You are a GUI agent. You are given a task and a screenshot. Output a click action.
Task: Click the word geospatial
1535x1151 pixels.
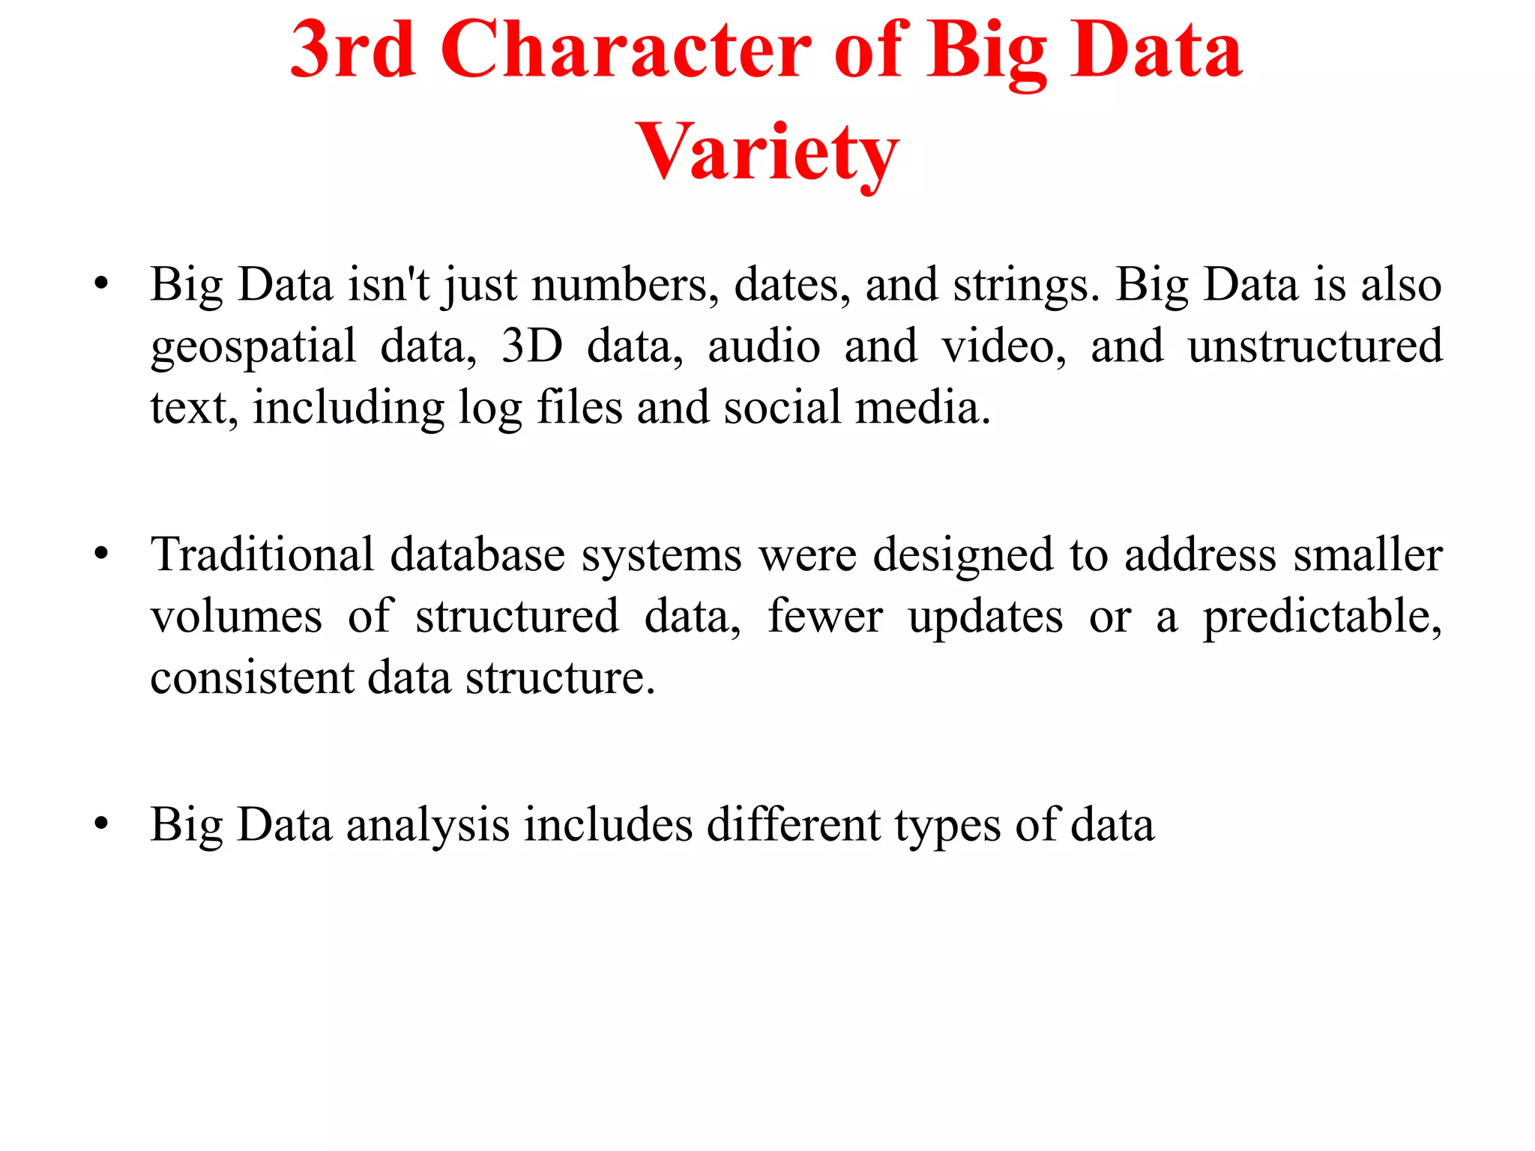click(253, 347)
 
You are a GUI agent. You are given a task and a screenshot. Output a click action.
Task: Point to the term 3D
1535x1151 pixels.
click(531, 345)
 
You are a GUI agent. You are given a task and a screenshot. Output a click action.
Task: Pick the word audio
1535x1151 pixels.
click(764, 345)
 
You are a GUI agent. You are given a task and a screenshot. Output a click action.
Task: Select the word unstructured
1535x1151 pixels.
click(1315, 345)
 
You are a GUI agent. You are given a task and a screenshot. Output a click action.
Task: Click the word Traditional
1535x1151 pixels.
click(262, 555)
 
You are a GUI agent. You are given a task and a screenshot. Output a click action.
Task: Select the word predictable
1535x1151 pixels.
click(1321, 617)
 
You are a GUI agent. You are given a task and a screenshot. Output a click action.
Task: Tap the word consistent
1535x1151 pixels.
click(252, 677)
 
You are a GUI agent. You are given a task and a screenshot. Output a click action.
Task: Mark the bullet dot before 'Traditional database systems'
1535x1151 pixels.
click(102, 555)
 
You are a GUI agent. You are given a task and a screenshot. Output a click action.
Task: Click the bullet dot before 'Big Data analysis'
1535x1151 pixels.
click(102, 824)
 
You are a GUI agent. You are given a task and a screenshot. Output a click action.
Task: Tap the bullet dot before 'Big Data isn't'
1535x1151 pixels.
click(102, 285)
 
